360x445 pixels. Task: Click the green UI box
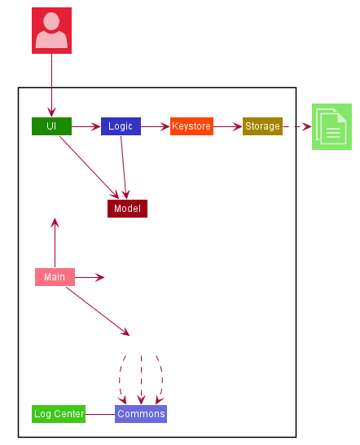click(x=51, y=126)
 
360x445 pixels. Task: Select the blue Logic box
click(x=121, y=126)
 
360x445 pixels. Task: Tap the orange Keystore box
click(x=191, y=126)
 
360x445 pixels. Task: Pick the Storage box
click(x=262, y=126)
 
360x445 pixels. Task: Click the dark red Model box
click(x=127, y=209)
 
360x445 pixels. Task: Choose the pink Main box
click(x=55, y=277)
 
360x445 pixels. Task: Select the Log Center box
click(x=59, y=414)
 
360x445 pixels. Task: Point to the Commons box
click(x=141, y=414)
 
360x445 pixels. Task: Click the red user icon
click(x=51, y=30)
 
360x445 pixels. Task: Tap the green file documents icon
click(x=331, y=126)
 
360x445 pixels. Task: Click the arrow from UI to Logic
click(x=86, y=126)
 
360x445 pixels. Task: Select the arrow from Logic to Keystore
click(x=156, y=126)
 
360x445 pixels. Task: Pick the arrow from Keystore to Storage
click(x=228, y=126)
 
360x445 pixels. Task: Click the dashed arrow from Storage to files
click(x=297, y=126)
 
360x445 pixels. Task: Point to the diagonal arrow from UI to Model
click(x=89, y=167)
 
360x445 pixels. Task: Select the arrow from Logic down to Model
click(x=124, y=167)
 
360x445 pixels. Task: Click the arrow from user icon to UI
click(x=51, y=85)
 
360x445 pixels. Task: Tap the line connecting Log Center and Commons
click(x=100, y=414)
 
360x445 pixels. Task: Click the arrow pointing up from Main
click(x=55, y=243)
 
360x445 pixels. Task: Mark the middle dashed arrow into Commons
click(x=141, y=380)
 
